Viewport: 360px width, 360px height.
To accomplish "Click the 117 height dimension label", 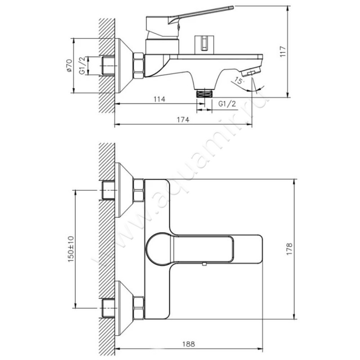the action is [x=283, y=52].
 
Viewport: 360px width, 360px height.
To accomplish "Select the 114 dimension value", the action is [x=159, y=99].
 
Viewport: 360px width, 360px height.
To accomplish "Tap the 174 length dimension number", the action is [x=183, y=120].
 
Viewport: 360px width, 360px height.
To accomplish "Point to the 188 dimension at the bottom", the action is [x=189, y=344].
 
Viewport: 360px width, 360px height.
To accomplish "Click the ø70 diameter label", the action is [x=69, y=65].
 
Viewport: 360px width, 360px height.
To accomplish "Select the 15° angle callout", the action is [x=238, y=81].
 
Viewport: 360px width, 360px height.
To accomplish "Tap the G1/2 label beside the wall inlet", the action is [x=82, y=66].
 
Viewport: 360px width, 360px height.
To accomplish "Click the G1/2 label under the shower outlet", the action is [x=227, y=104].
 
